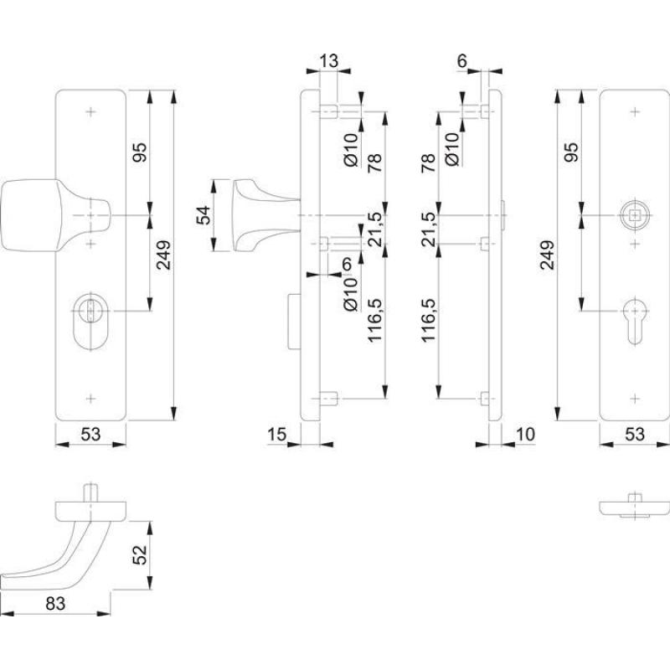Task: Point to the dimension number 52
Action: coord(141,553)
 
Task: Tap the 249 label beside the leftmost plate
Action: coord(162,255)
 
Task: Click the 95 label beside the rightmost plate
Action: coord(573,152)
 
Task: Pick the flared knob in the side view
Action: coord(255,215)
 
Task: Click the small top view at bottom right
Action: coord(634,507)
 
